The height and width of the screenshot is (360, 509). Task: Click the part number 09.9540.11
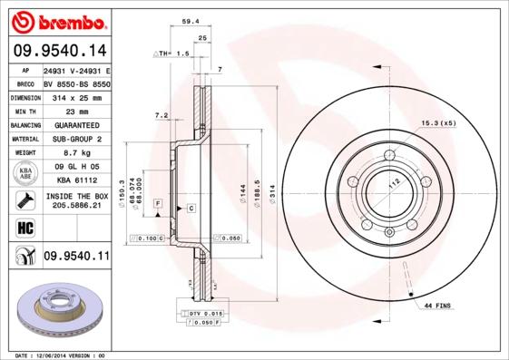(76, 257)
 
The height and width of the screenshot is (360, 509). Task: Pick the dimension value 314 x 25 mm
(76, 95)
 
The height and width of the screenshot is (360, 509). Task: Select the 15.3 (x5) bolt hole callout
(437, 123)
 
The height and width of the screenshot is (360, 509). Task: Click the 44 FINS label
(437, 307)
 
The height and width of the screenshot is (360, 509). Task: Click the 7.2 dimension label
(162, 115)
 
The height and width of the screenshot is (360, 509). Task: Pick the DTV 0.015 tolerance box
(202, 313)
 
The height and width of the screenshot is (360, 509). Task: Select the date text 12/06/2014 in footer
(58, 355)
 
